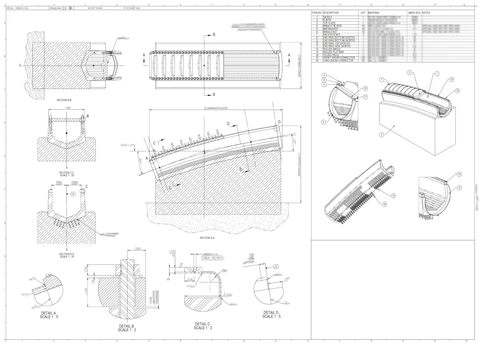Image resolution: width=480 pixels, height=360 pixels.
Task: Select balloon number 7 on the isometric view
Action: tap(382, 80)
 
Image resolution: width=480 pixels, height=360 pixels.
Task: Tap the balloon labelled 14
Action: tap(460, 174)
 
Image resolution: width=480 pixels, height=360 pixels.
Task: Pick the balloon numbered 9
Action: tap(323, 122)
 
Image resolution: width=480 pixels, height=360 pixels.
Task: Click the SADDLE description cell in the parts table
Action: tap(328, 17)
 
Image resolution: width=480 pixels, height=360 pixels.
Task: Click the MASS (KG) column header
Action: tap(414, 13)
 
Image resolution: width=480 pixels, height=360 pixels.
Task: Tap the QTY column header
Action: tap(363, 13)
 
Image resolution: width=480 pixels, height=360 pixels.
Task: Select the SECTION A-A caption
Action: tap(207, 238)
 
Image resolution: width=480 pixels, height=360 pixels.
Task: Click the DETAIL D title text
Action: tap(271, 312)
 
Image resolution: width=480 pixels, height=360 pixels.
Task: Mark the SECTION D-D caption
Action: tap(66, 254)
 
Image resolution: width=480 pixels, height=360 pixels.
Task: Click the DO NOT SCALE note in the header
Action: tap(94, 8)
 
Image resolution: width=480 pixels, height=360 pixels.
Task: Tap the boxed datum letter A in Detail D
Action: tap(276, 266)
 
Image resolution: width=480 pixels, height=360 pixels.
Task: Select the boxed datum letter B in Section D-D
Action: tap(73, 194)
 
